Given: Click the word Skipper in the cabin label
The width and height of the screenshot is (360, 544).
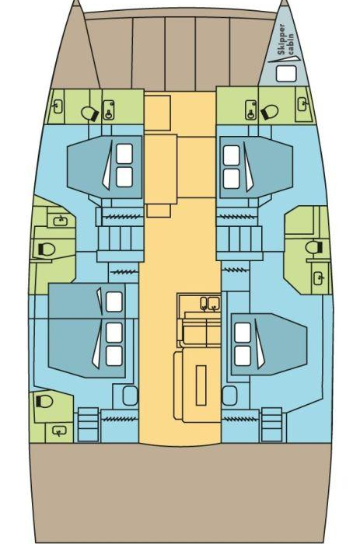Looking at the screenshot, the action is [282, 39].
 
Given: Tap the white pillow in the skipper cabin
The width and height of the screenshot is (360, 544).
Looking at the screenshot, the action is [286, 74].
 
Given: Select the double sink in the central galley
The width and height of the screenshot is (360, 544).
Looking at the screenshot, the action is [210, 303].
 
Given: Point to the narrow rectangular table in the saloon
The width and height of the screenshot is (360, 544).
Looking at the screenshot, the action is [201, 385].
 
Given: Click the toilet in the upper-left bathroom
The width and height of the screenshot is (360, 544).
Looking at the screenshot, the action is [90, 113].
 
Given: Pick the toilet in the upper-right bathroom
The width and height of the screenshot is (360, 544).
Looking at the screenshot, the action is [269, 112].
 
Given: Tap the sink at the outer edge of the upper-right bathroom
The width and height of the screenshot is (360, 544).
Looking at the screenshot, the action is [302, 103].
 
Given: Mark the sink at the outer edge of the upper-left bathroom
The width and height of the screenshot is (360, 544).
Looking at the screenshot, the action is [58, 106].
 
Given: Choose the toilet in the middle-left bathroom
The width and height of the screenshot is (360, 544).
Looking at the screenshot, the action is [46, 249].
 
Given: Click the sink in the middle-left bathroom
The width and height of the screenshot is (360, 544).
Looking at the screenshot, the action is [61, 220].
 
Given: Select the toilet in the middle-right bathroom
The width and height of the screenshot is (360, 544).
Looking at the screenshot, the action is [314, 247].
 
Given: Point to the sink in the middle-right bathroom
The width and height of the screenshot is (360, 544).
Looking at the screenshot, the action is [319, 278].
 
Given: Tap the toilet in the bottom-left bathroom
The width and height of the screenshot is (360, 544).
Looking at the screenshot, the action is [44, 401].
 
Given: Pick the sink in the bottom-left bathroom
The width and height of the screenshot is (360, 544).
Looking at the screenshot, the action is [59, 431].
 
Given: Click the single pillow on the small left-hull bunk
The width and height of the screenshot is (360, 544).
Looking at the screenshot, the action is [114, 302].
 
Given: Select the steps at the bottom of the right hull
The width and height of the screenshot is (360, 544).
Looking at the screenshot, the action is [271, 424].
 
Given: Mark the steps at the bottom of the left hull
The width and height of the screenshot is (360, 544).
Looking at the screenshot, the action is [88, 424].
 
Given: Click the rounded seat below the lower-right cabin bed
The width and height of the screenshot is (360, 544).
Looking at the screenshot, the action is [229, 396].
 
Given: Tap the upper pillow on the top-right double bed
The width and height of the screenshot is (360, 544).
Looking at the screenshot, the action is [232, 155].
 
